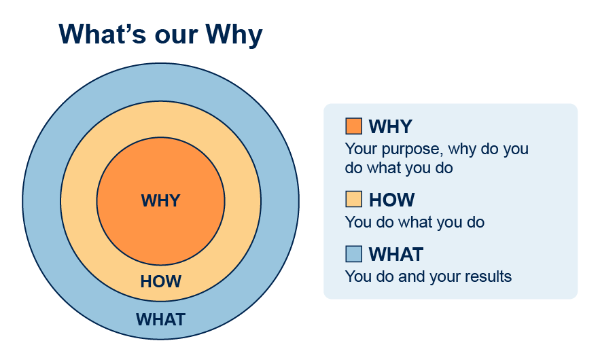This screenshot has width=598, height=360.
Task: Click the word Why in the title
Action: coord(234,35)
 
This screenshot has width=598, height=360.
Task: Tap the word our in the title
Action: coord(175,37)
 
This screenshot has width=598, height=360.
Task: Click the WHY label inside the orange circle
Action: coord(160,200)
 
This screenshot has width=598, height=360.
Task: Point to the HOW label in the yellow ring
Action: coord(160,281)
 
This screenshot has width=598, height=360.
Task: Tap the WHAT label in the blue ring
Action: coord(160,319)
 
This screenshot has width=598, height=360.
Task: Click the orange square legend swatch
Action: coord(353,126)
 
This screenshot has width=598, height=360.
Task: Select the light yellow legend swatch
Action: coord(353,199)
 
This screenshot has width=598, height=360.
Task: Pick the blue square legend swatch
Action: coord(353,254)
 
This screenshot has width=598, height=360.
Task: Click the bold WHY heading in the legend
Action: coord(391,126)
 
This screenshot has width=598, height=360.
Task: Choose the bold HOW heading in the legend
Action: coord(391,200)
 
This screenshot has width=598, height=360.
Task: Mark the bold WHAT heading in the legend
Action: coord(396,254)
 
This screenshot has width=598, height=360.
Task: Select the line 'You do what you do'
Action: coord(415,223)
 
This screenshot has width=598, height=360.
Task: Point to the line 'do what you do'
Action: coord(398,168)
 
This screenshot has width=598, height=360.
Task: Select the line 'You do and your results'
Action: coord(428,277)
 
